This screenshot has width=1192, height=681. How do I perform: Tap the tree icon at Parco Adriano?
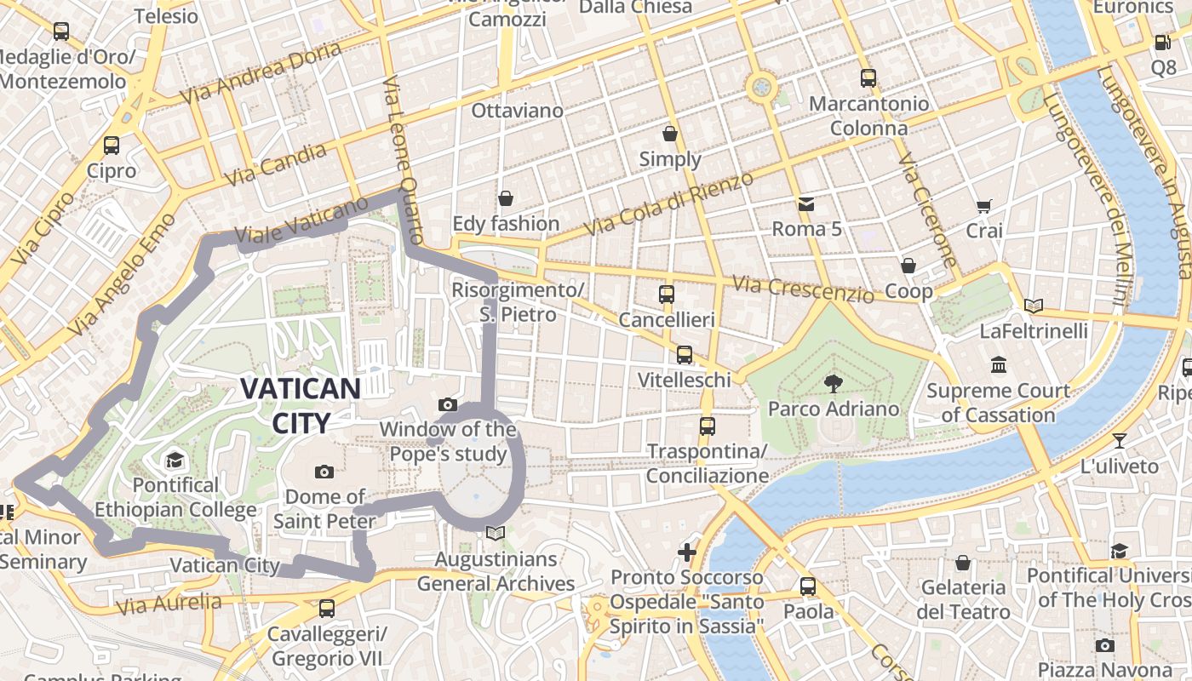833,384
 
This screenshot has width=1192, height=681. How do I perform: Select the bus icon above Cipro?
111,145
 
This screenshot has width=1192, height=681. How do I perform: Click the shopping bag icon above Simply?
670,134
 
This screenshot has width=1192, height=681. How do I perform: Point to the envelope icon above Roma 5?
805,204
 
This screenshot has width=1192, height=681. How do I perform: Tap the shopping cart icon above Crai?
984,205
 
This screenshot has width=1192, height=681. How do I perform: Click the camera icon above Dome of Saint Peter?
324,472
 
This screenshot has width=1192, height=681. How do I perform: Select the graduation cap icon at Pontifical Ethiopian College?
175,461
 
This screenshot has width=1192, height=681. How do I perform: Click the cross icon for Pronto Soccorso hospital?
686,552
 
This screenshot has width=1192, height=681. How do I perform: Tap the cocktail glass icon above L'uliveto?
1119,441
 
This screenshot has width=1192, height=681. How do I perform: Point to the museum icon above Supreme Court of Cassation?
998,365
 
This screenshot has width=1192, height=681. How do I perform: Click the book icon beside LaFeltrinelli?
1034,306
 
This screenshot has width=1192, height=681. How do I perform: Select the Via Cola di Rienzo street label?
670,203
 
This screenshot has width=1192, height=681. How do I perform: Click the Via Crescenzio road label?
803,289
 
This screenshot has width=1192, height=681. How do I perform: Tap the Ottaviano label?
517,111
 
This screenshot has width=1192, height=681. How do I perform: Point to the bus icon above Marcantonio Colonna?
868,78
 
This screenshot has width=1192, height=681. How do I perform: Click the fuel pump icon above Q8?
1162,42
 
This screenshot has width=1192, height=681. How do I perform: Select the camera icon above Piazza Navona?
1104,645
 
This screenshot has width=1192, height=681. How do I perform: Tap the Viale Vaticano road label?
301,223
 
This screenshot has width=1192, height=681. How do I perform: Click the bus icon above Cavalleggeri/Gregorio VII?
327,609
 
